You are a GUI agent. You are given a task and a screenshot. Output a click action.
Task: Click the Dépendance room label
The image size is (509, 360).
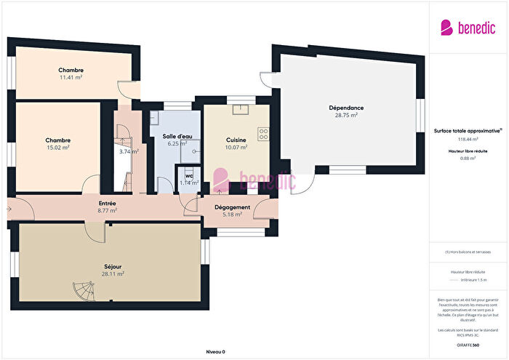(x=345, y=108)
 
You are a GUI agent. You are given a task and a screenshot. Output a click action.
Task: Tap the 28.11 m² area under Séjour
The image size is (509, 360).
(x=113, y=274)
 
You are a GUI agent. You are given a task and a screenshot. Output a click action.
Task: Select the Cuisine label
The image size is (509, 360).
(x=236, y=140)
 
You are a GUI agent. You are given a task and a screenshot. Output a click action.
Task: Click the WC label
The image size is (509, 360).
(x=189, y=176)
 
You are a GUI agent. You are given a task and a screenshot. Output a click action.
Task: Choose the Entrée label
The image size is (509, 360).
(x=108, y=202)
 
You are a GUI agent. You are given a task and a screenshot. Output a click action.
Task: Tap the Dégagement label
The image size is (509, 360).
(x=233, y=207)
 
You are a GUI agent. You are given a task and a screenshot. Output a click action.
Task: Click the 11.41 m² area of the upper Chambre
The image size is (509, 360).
(x=71, y=78)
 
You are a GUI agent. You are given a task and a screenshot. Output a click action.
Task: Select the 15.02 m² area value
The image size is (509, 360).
(x=57, y=148)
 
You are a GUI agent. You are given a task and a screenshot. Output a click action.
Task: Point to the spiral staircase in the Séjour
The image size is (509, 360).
(x=83, y=292)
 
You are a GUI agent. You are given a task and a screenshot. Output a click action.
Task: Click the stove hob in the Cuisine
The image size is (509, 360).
(x=263, y=134)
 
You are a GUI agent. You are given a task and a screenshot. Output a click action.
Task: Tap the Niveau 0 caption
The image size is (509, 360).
(x=215, y=351)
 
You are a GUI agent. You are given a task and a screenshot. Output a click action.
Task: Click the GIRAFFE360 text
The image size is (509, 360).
(x=468, y=344)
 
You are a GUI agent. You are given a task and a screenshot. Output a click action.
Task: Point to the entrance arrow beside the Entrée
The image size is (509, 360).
(x=8, y=209)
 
